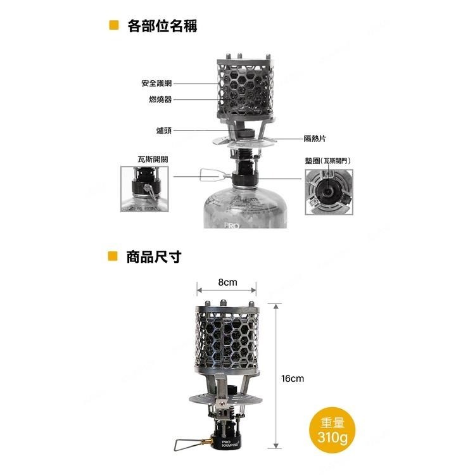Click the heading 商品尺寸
[154, 257]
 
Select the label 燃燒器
[160, 99]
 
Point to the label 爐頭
[164, 130]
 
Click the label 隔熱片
[314, 137]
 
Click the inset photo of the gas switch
[146, 189]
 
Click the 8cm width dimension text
[227, 282]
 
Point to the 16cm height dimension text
[293, 378]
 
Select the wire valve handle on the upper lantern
[209, 174]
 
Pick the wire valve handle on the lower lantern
[188, 441]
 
